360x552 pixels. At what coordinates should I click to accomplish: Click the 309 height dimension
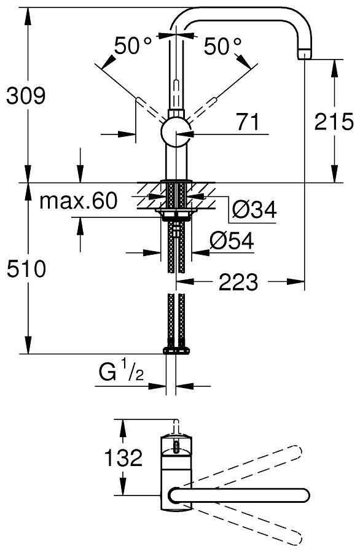(x=26, y=96)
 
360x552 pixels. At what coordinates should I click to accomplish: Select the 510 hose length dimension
(x=26, y=268)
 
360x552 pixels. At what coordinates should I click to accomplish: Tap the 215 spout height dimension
(x=334, y=122)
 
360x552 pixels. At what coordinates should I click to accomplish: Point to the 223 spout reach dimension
(x=238, y=282)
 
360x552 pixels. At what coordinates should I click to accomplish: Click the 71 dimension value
(x=248, y=122)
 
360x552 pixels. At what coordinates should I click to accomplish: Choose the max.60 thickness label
(x=78, y=201)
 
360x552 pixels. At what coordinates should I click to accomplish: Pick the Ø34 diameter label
(x=255, y=210)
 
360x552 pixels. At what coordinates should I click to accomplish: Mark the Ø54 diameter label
(x=232, y=241)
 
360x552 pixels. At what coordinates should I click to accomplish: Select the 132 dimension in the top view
(x=123, y=457)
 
